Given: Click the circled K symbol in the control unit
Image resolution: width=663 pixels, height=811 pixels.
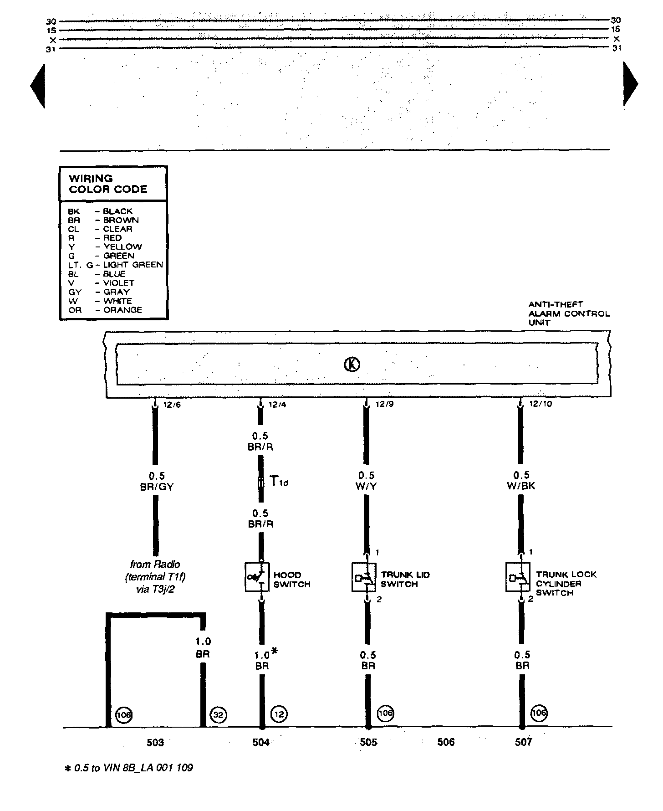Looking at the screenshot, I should pos(352,364).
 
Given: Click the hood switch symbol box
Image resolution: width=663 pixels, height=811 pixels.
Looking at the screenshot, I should pos(257,578).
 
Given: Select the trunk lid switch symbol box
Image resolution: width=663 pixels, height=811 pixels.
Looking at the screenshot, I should pos(364,578).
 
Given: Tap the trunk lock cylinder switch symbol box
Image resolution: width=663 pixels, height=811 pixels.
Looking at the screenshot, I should pos(518,578).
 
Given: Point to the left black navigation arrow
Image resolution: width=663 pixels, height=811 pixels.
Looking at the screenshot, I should pos(38,86).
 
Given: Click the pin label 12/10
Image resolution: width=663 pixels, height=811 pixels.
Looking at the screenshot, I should pos(541,404).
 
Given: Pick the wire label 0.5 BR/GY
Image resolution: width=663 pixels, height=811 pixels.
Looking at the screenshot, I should pos(157,481).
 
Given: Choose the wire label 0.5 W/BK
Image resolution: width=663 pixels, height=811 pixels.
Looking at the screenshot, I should pos(521,481).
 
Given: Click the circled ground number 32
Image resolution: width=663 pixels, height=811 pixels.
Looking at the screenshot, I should pos(219,715).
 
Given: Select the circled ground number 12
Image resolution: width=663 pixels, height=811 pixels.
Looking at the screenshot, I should pos(279,714).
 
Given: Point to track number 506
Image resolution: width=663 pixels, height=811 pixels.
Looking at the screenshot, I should pos(446,742).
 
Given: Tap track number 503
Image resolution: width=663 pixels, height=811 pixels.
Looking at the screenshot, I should pos(155,743).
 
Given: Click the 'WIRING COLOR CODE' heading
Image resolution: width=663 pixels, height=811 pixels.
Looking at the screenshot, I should pos(108,184).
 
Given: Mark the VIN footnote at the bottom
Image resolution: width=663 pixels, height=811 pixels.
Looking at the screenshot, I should pos(129,768).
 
